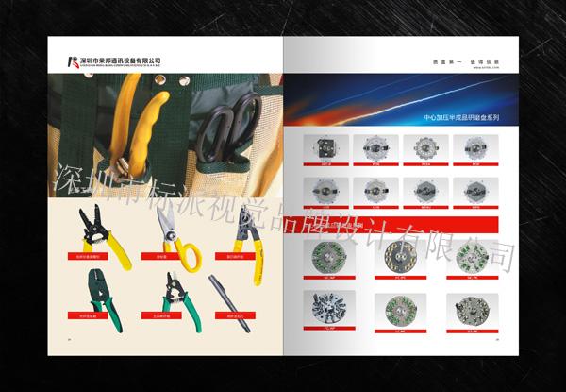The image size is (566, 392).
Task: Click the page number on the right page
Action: point(498,341)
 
